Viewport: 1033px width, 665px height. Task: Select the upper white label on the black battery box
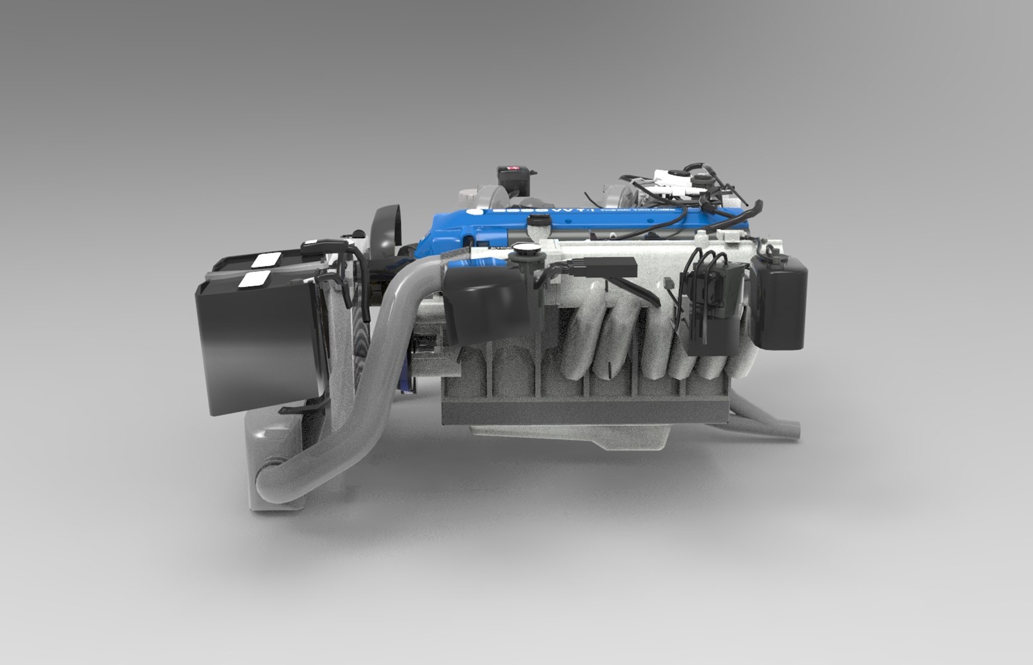(x=267, y=260)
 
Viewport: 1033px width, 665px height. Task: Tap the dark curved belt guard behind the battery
(x=387, y=228)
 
